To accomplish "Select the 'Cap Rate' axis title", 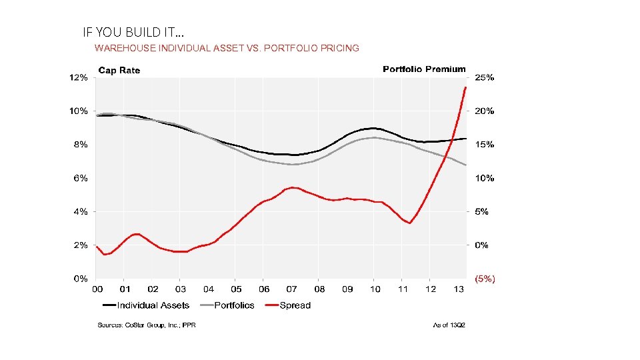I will [x=119, y=70].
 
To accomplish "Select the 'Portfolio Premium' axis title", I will [x=424, y=69].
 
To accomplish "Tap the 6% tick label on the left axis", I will [x=81, y=178].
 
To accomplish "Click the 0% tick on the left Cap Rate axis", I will [x=81, y=279].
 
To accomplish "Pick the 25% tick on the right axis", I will [x=484, y=77].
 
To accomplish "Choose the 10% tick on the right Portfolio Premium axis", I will [x=484, y=178].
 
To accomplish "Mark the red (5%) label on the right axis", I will [x=485, y=279].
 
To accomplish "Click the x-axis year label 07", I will [x=292, y=289].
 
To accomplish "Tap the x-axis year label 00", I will [x=97, y=289].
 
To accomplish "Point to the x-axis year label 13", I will [x=459, y=289].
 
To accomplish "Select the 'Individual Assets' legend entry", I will [x=153, y=305].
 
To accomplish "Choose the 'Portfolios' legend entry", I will [x=234, y=305].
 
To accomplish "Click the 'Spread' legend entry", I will [x=295, y=305].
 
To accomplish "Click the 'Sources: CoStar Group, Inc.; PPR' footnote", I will [x=146, y=325].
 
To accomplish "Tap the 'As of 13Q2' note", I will [x=449, y=325].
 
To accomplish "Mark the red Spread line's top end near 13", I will [x=465, y=88].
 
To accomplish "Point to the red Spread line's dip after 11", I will [x=409, y=223].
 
